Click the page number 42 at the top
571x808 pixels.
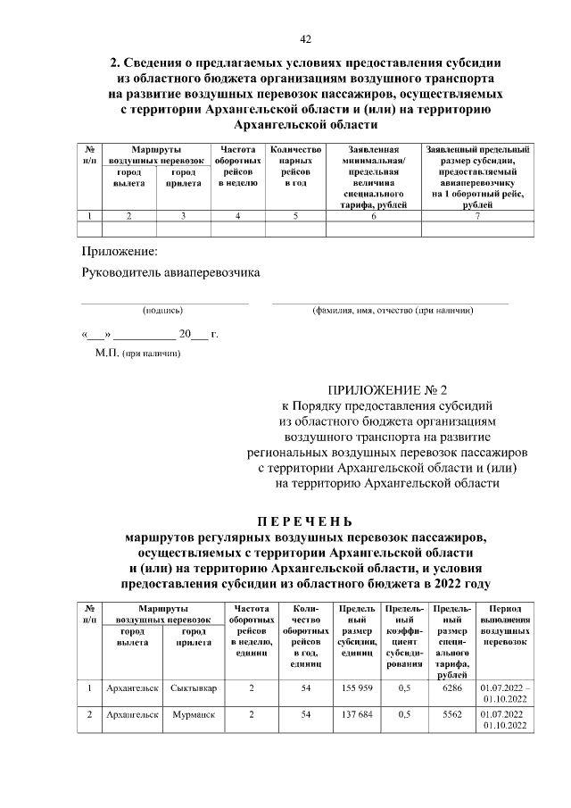(305, 38)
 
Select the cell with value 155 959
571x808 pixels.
(357, 689)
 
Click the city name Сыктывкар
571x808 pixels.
(194, 689)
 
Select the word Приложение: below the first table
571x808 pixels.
(119, 252)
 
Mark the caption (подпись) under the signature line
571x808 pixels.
(163, 311)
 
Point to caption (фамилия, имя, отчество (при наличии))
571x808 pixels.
(392, 311)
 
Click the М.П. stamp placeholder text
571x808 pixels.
(137, 354)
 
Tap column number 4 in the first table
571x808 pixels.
(238, 216)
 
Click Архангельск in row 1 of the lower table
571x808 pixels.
(132, 689)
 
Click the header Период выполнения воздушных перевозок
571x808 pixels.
(505, 625)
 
